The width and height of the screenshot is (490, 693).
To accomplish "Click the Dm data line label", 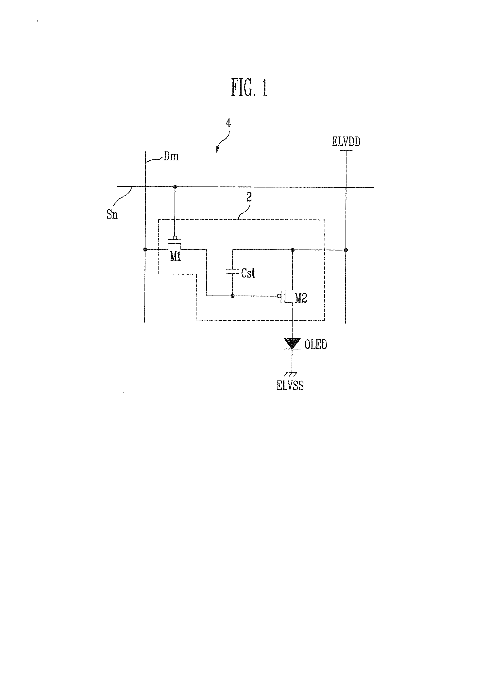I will (171, 156).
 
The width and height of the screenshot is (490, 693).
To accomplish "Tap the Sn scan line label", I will (112, 215).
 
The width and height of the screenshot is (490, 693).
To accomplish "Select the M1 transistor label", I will (175, 257).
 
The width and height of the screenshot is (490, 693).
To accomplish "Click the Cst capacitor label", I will (248, 273).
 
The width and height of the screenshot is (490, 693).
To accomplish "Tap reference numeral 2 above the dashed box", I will (249, 197).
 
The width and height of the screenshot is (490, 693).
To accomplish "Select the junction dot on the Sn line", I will (175, 187).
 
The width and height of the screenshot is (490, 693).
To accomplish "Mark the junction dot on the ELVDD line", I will (346, 250).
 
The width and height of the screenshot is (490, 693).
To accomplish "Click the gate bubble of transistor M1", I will (175, 237).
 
